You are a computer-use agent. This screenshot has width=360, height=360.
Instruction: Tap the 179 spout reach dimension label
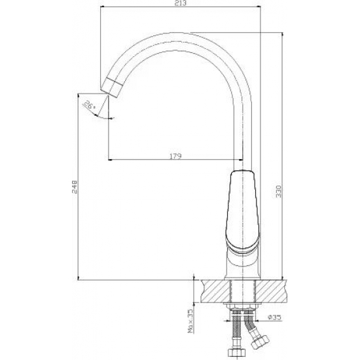(x=175, y=156)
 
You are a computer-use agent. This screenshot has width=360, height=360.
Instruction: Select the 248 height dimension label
(x=75, y=187)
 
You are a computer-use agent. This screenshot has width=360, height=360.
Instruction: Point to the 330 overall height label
(x=278, y=191)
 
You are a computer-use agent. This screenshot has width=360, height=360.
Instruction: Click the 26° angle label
(x=89, y=105)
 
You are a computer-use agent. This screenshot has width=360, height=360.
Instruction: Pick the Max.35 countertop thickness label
(x=190, y=320)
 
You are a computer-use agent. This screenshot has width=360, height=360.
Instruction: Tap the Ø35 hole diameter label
(x=275, y=317)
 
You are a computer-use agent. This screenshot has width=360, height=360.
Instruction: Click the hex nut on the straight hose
(x=237, y=352)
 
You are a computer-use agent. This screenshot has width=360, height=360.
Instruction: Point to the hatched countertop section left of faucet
(x=215, y=291)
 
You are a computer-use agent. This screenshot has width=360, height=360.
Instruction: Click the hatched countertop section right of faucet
(x=271, y=291)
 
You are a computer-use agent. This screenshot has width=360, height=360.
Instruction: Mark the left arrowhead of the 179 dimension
(x=110, y=160)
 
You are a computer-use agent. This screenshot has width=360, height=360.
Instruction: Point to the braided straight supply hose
(x=237, y=329)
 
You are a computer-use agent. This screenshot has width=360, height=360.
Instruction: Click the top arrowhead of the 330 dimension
(x=282, y=35)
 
